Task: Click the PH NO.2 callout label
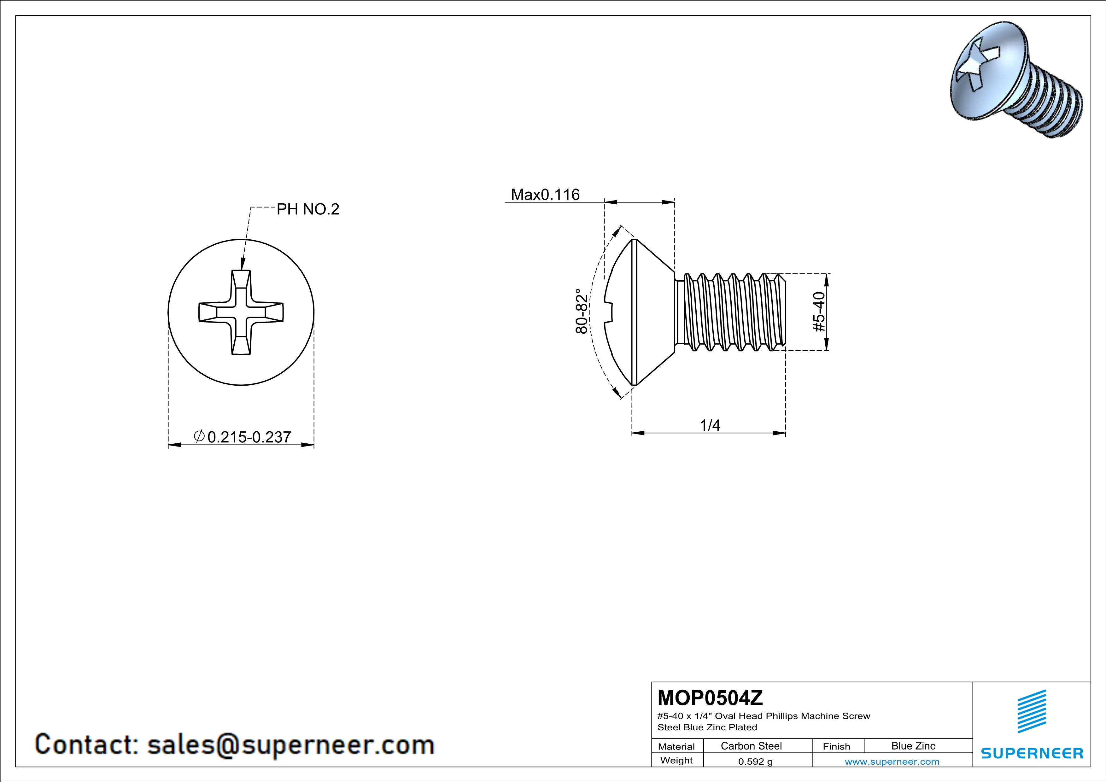pyautogui.click(x=308, y=209)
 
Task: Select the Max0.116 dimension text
pyautogui.click(x=545, y=195)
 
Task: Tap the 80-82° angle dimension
pyautogui.click(x=582, y=311)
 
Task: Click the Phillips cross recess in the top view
pyautogui.click(x=241, y=312)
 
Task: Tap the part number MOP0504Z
pyautogui.click(x=710, y=698)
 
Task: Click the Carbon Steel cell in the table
pyautogui.click(x=751, y=746)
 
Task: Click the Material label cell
pyautogui.click(x=676, y=746)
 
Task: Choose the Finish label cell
pyautogui.click(x=836, y=746)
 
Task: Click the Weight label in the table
pyautogui.click(x=676, y=760)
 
